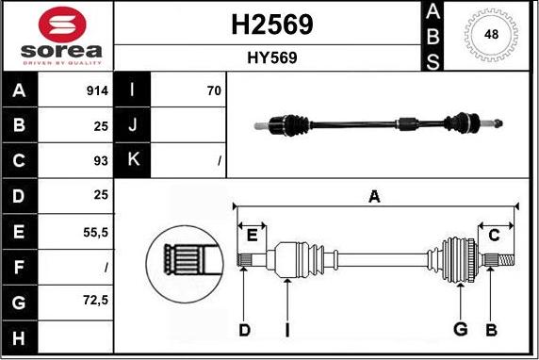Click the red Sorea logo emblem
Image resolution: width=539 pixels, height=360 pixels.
[62, 25]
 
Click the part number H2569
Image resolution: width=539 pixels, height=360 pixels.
[272, 25]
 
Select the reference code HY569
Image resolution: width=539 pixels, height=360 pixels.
[272, 57]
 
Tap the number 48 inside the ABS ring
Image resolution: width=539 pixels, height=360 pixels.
[491, 34]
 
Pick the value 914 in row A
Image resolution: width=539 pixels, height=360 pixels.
[97, 90]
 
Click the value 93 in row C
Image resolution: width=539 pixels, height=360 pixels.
[101, 161]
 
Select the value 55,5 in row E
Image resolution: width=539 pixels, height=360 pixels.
[95, 233]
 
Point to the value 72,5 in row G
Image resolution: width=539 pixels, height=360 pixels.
[95, 301]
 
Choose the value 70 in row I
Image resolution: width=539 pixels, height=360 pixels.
[214, 90]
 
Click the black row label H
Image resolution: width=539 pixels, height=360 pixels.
[19, 338]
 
